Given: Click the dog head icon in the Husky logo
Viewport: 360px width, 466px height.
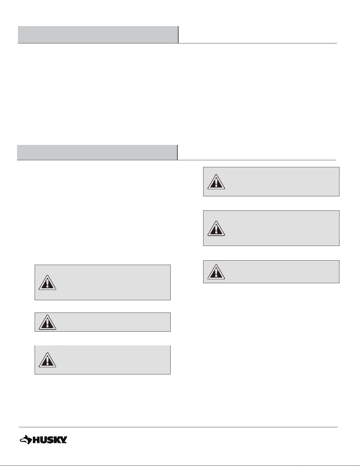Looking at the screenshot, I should pyautogui.click(x=26, y=439).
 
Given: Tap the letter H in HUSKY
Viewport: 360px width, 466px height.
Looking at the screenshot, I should pyautogui.click(x=36, y=440).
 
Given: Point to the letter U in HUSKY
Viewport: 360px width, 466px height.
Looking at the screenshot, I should pyautogui.click(x=43, y=440).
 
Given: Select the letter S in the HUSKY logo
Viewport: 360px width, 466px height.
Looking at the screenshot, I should pyautogui.click(x=50, y=440).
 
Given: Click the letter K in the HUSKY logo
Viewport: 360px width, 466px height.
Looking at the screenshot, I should pyautogui.click(x=57, y=440).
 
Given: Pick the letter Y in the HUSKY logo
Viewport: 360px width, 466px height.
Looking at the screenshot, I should pyautogui.click(x=63, y=440).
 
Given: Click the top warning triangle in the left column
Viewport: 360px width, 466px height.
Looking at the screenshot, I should pyautogui.click(x=47, y=282).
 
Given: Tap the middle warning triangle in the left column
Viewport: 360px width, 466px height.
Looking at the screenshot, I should pyautogui.click(x=47, y=322).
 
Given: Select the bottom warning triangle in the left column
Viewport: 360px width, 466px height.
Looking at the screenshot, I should pyautogui.click(x=47, y=360).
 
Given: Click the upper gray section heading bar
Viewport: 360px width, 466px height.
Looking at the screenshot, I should pyautogui.click(x=98, y=35).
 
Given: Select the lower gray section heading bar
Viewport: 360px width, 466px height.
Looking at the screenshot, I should pyautogui.click(x=97, y=152).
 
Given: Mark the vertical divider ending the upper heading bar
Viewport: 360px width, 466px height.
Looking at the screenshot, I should pyautogui.click(x=178, y=35).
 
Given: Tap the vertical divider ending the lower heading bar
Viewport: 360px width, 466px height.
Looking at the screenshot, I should pyautogui.click(x=177, y=152).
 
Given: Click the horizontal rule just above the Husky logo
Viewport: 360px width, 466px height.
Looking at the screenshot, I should pyautogui.click(x=178, y=427).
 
